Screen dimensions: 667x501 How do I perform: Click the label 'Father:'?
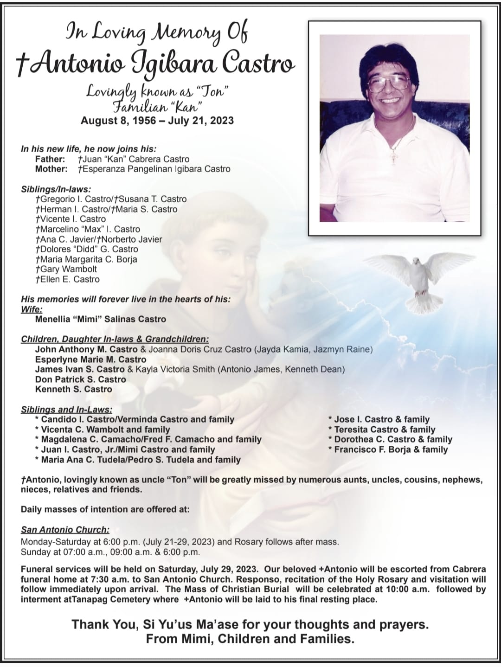tap(50, 159)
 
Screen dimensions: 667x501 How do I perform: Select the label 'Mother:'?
tap(51, 169)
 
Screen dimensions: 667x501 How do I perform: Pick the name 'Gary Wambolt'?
tap(68, 269)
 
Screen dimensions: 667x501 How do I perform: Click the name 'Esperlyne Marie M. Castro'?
tap(90, 359)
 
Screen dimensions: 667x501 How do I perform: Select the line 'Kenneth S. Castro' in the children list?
tap(73, 389)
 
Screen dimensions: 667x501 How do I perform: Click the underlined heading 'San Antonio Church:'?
tap(65, 529)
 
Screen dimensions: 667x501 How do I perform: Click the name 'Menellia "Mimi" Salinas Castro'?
tap(100, 319)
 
